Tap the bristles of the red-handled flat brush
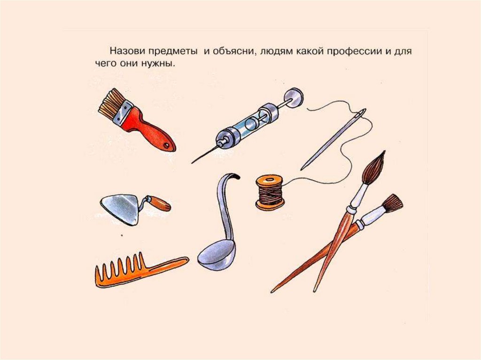[x=111, y=103]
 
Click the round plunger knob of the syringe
[x=294, y=98]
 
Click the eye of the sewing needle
[x=362, y=114]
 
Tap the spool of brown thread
[x=270, y=192]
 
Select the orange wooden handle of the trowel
[x=160, y=203]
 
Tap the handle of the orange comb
[x=167, y=265]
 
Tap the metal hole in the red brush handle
[x=167, y=145]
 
